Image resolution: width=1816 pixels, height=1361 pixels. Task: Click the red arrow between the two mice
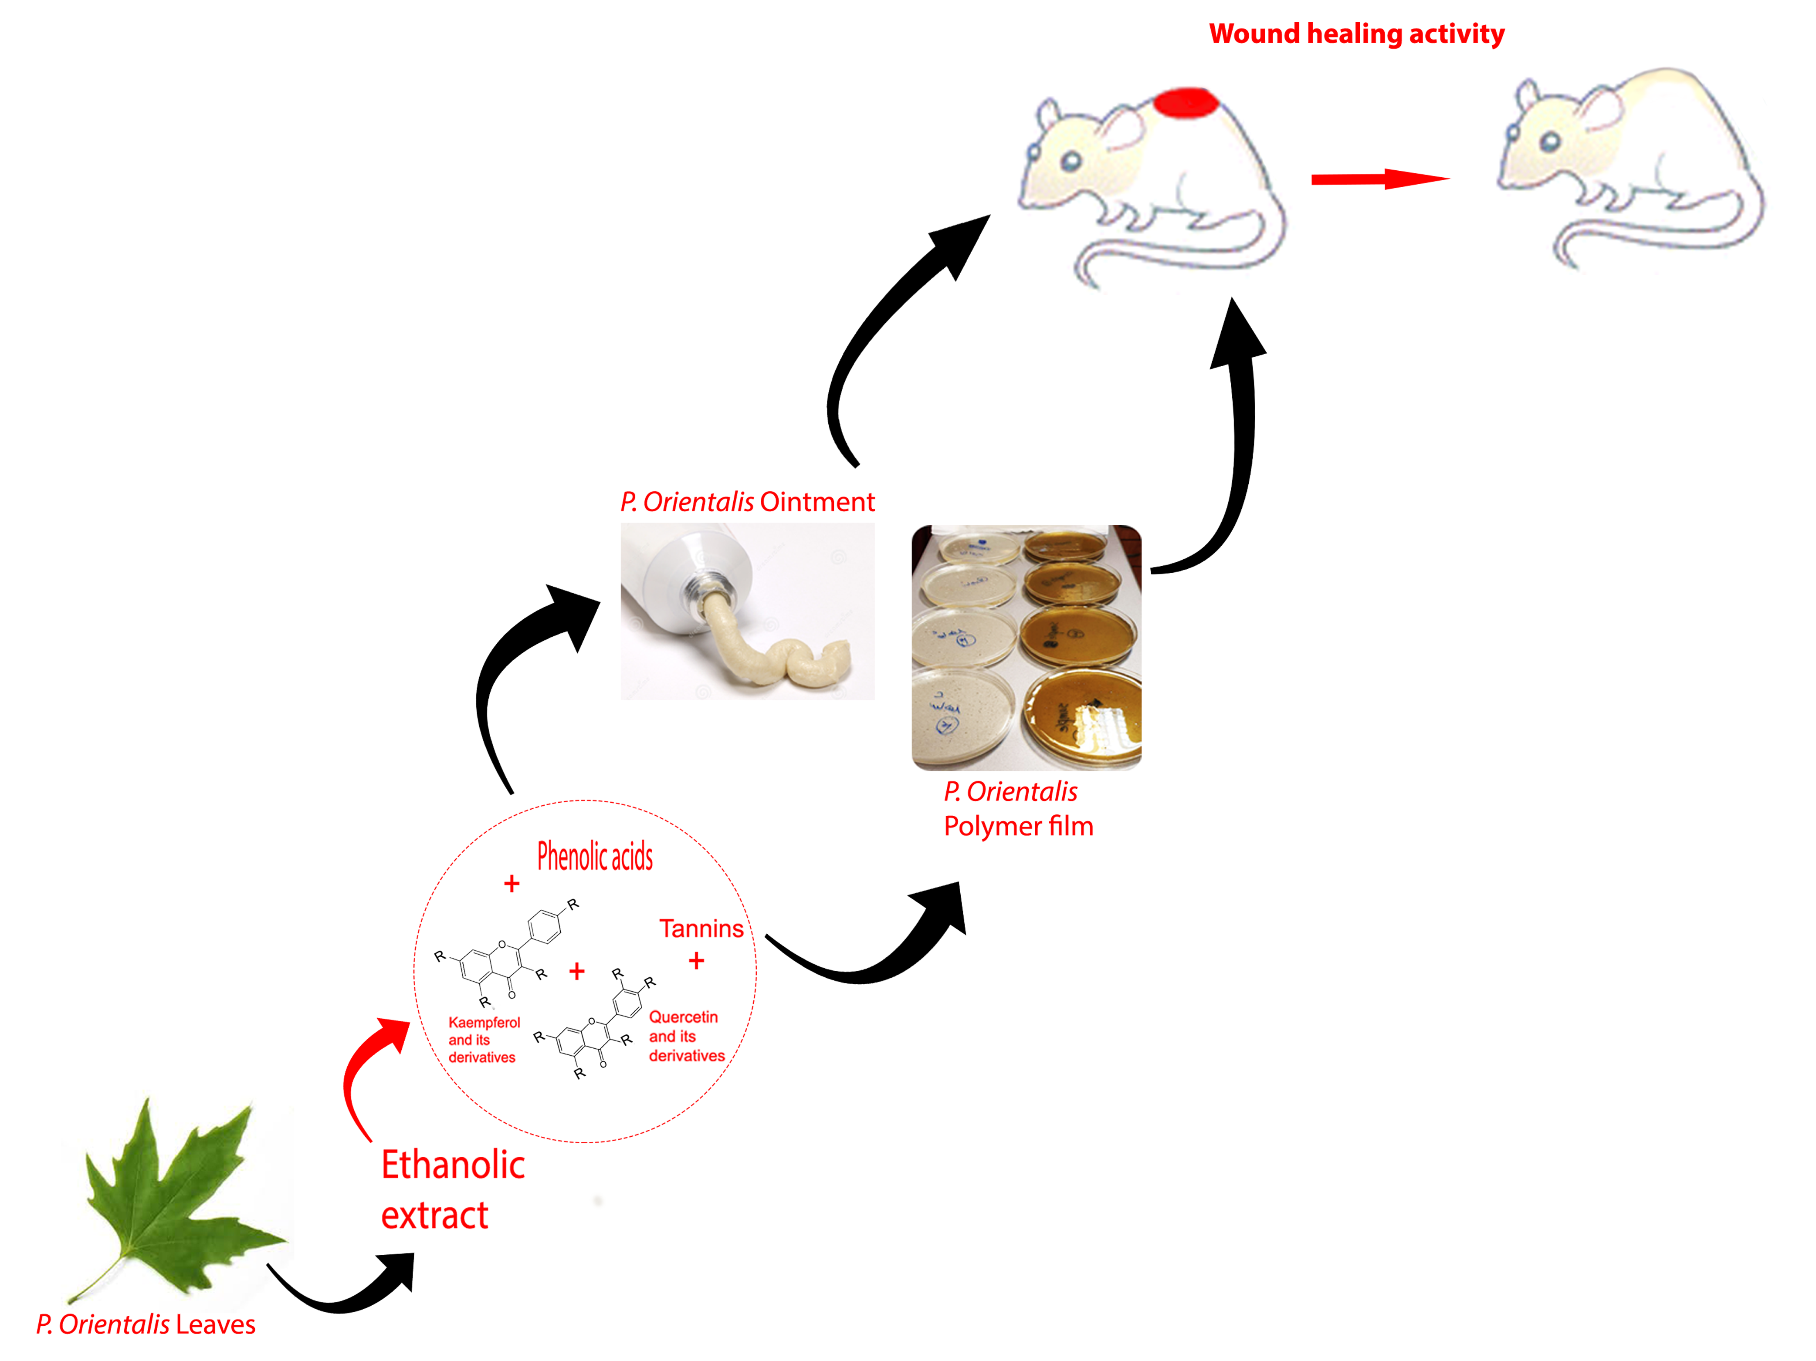(1379, 179)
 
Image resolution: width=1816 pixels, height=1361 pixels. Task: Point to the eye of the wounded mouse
(1071, 160)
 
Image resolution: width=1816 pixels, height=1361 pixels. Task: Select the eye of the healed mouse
(1549, 141)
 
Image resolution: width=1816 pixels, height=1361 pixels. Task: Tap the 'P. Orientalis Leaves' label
(146, 1324)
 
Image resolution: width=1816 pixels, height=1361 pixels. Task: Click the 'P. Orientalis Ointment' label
(747, 502)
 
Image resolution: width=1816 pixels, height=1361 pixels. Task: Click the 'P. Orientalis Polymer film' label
(1018, 809)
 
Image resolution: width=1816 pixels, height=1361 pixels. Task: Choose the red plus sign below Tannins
(696, 960)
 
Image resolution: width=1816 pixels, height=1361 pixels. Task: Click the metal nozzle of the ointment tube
(706, 587)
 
